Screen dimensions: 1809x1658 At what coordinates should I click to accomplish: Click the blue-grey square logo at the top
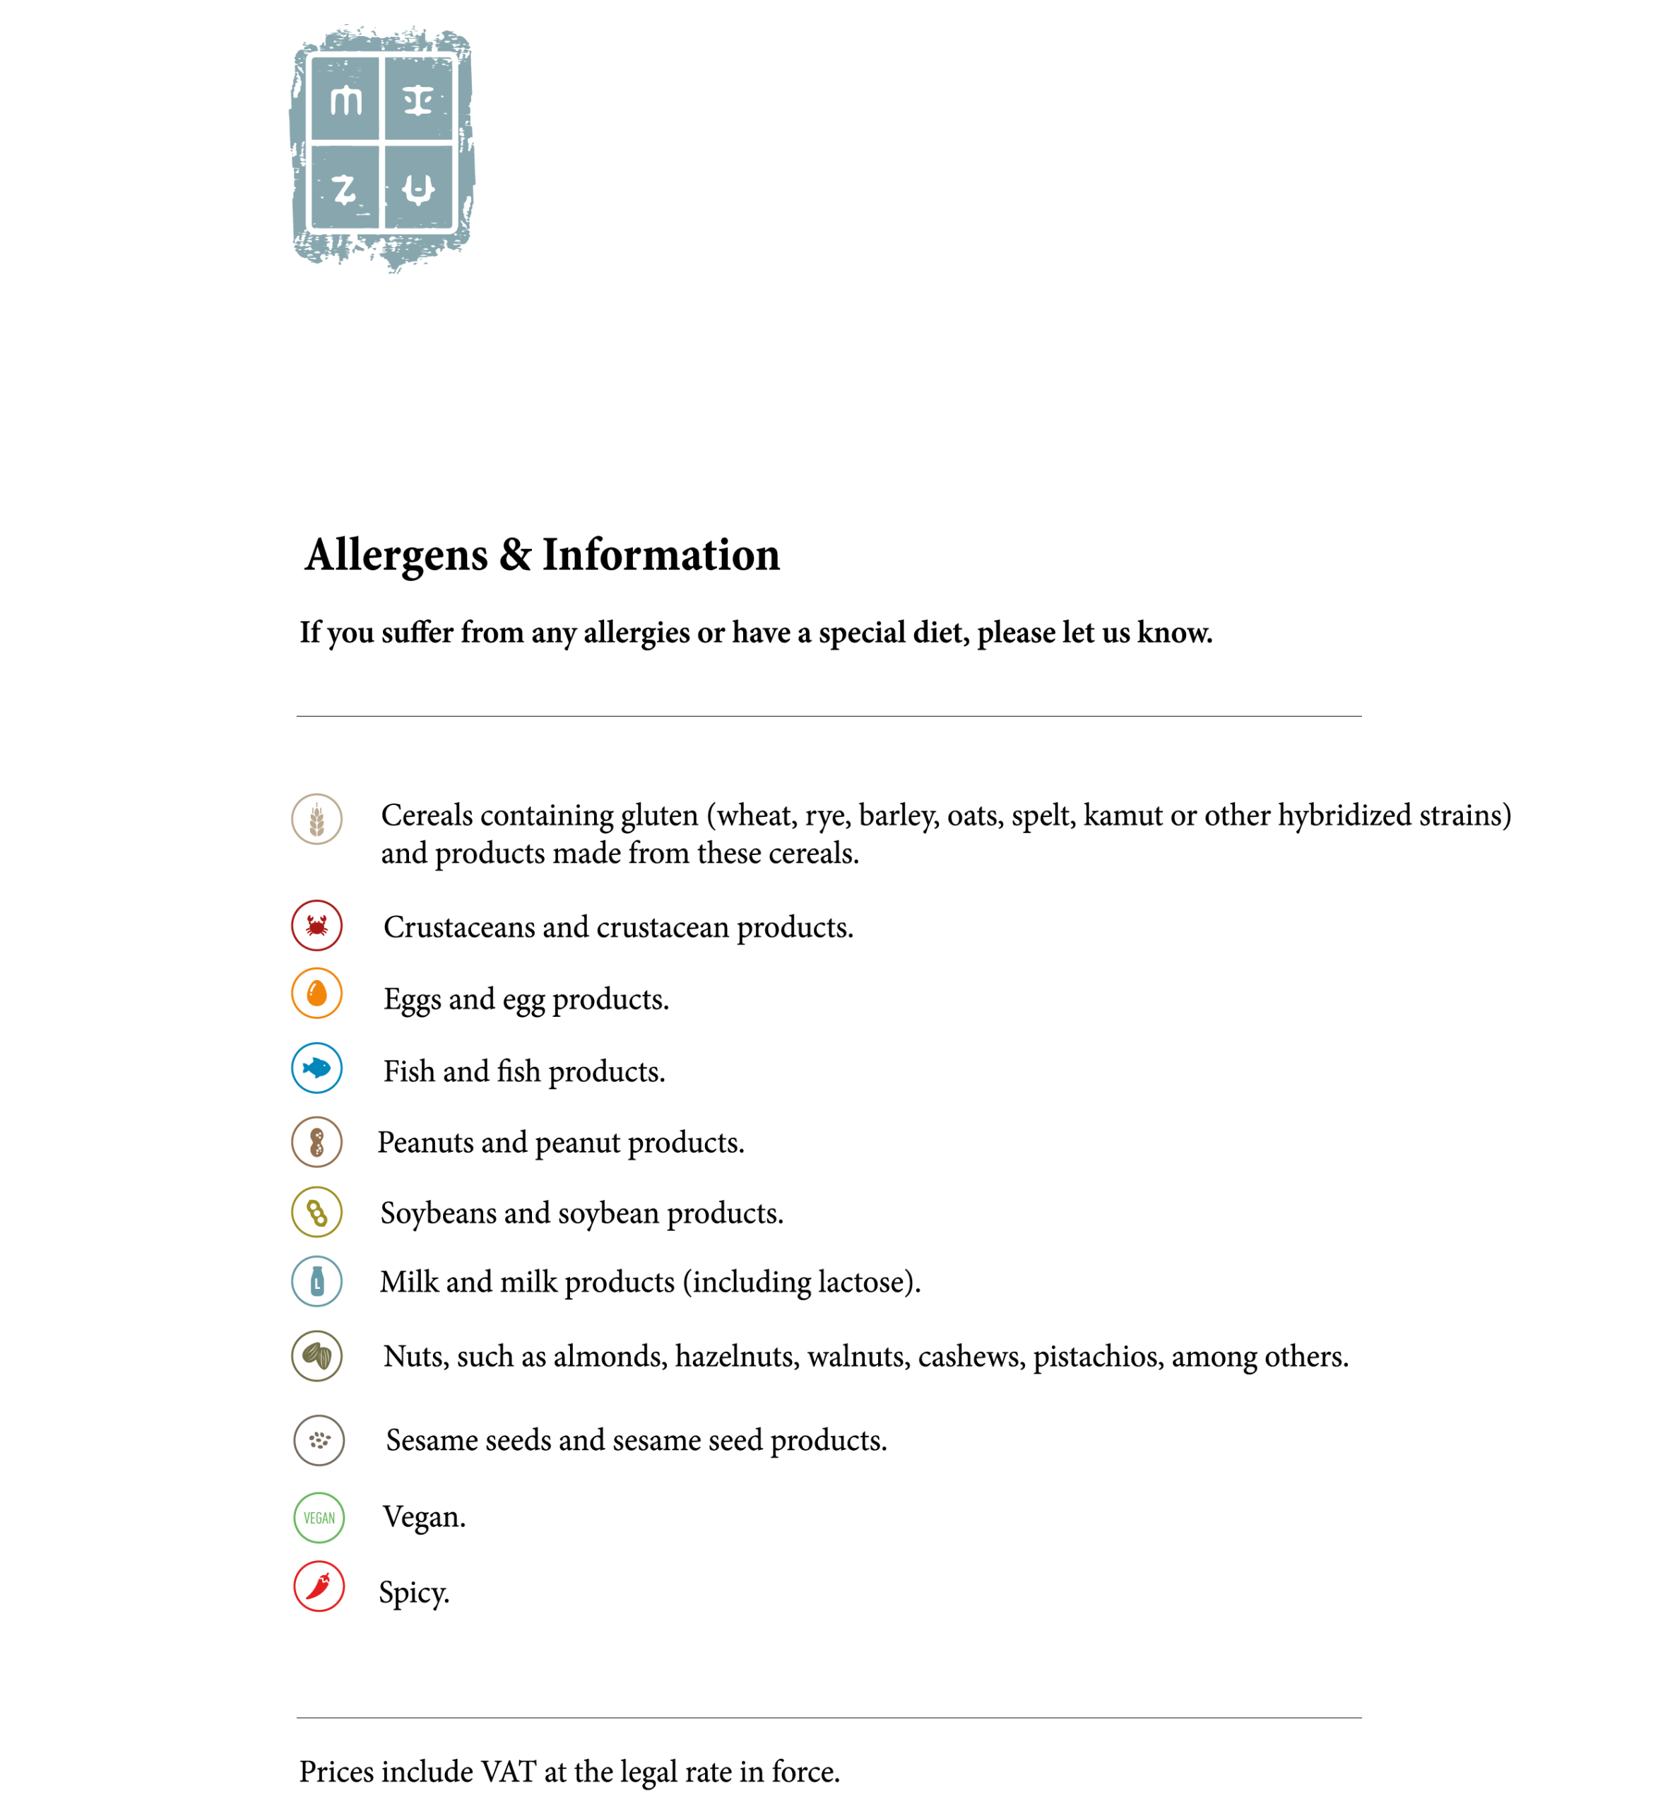(x=382, y=146)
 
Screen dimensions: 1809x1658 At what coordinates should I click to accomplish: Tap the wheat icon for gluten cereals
(x=316, y=819)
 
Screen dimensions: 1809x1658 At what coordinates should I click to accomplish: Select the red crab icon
(x=316, y=925)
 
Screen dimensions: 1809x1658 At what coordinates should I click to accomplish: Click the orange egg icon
(x=316, y=994)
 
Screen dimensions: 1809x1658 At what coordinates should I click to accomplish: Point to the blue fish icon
(x=316, y=1068)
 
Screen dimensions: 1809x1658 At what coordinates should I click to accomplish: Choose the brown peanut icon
(x=316, y=1143)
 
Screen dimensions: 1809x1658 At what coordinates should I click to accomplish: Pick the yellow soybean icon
(x=316, y=1213)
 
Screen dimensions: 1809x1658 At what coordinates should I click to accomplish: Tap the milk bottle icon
(x=316, y=1281)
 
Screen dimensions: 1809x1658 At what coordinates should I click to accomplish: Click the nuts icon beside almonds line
(x=316, y=1356)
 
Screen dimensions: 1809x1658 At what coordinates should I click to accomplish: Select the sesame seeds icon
(x=319, y=1440)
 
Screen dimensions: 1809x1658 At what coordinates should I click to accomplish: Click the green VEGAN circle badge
(x=319, y=1517)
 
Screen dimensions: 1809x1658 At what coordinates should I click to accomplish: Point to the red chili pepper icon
(x=319, y=1586)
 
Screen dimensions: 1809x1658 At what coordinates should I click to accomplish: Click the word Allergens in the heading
(x=396, y=555)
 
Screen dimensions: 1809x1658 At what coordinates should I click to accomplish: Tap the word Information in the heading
(x=661, y=555)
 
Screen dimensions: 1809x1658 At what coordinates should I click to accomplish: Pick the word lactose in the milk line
(x=863, y=1283)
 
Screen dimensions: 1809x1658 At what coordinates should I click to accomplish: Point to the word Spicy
(x=413, y=1593)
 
